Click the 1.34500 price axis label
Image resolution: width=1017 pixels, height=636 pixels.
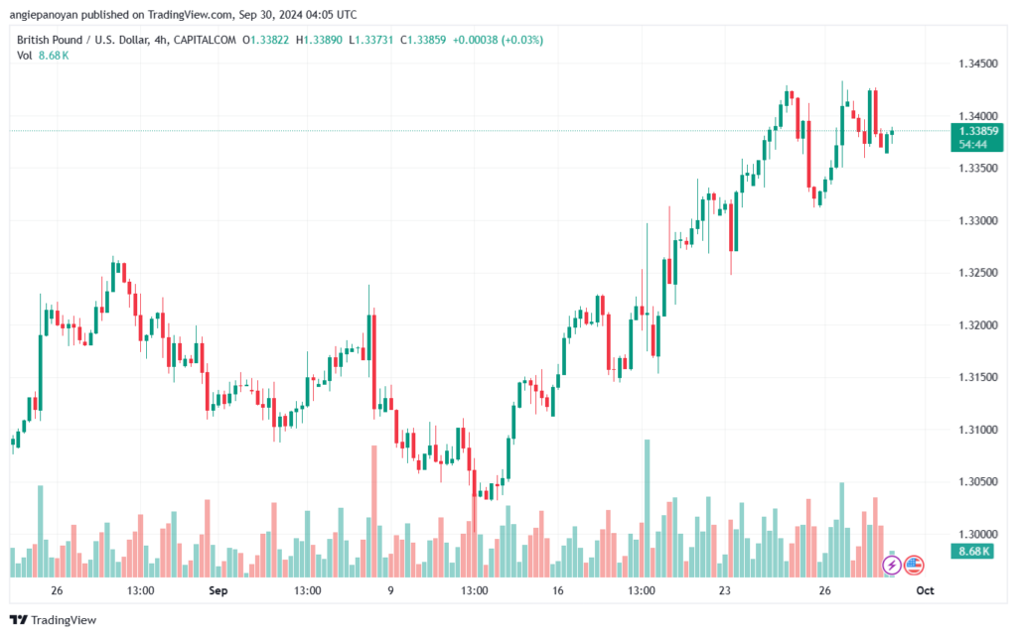[x=979, y=64]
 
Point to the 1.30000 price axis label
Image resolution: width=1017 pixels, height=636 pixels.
[x=979, y=534]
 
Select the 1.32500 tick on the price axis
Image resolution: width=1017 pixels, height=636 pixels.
[x=979, y=272]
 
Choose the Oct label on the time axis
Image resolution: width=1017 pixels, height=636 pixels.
[x=925, y=590]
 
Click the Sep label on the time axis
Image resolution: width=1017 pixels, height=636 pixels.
[x=218, y=590]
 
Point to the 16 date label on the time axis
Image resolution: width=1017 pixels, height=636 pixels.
[x=558, y=590]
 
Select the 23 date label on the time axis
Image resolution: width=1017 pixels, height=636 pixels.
[x=725, y=590]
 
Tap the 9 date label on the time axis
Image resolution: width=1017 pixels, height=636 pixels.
[x=390, y=590]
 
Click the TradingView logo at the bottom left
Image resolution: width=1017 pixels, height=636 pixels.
[x=54, y=620]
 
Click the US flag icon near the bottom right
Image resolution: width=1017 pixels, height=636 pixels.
[x=914, y=566]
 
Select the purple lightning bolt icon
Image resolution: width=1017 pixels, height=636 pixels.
[x=892, y=566]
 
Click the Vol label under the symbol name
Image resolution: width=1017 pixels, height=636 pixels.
[x=25, y=56]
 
